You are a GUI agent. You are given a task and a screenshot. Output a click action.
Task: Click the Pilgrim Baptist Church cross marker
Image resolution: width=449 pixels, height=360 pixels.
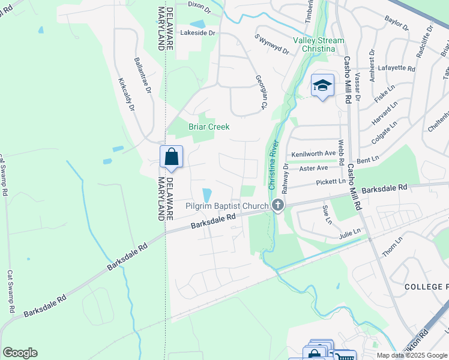(277, 206)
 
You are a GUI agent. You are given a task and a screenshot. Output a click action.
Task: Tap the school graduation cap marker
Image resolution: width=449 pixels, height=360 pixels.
(322, 86)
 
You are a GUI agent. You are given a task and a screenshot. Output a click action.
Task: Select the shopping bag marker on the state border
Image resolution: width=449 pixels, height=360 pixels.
(171, 157)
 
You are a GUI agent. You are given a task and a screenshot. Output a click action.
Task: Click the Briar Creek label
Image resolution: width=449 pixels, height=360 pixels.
(209, 127)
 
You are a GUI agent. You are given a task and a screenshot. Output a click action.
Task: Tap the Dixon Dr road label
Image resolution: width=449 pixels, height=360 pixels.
(199, 4)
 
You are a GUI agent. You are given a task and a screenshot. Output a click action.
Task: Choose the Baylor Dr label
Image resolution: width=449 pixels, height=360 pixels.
(396, 24)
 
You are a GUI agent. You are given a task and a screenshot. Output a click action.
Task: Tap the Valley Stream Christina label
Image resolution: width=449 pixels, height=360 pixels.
(319, 45)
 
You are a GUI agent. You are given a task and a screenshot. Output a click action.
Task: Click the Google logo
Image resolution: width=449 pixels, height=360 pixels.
(20, 353)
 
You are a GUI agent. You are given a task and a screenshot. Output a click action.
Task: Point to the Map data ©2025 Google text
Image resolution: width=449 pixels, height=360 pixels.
(411, 355)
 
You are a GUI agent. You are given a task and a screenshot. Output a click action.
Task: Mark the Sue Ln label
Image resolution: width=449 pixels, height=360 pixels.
(327, 213)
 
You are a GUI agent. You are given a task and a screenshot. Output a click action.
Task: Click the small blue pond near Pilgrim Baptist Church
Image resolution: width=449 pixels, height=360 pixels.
(207, 195)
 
